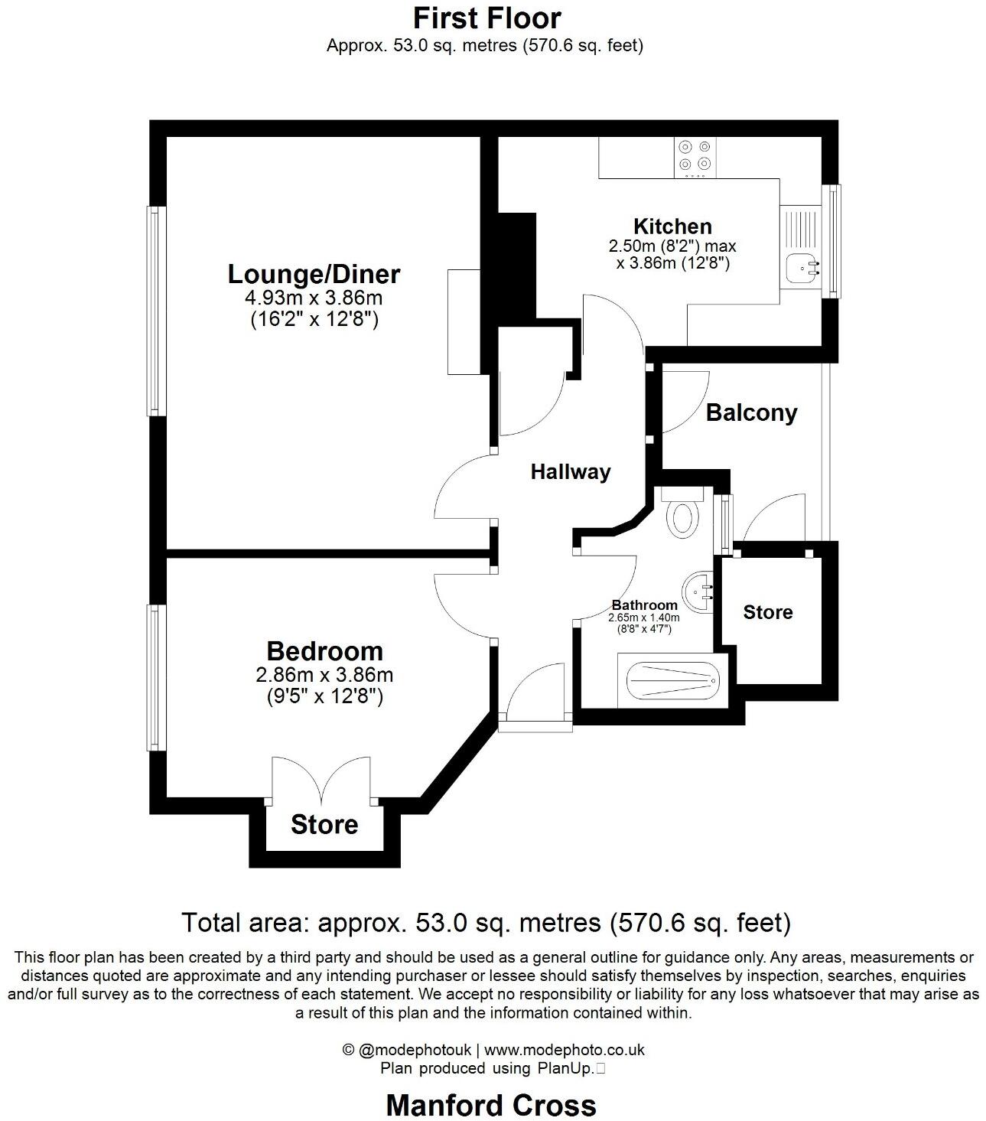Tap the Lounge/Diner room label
tap(314, 274)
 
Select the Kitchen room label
tap(672, 226)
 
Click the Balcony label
tap(751, 413)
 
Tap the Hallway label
tap(571, 471)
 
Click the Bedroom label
tap(324, 651)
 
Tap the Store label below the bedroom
tap(324, 825)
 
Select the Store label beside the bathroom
tap(768, 612)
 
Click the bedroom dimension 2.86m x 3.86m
tap(324, 675)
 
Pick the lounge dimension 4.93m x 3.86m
tap(314, 298)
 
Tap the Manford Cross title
tap(491, 1105)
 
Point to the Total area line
tap(486, 922)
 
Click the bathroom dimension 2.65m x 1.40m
tap(644, 618)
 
